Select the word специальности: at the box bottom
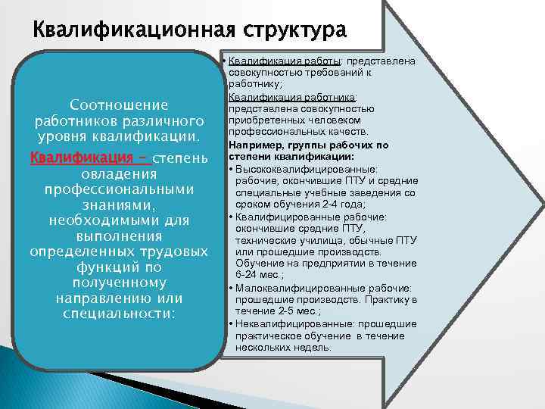[118, 313]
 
